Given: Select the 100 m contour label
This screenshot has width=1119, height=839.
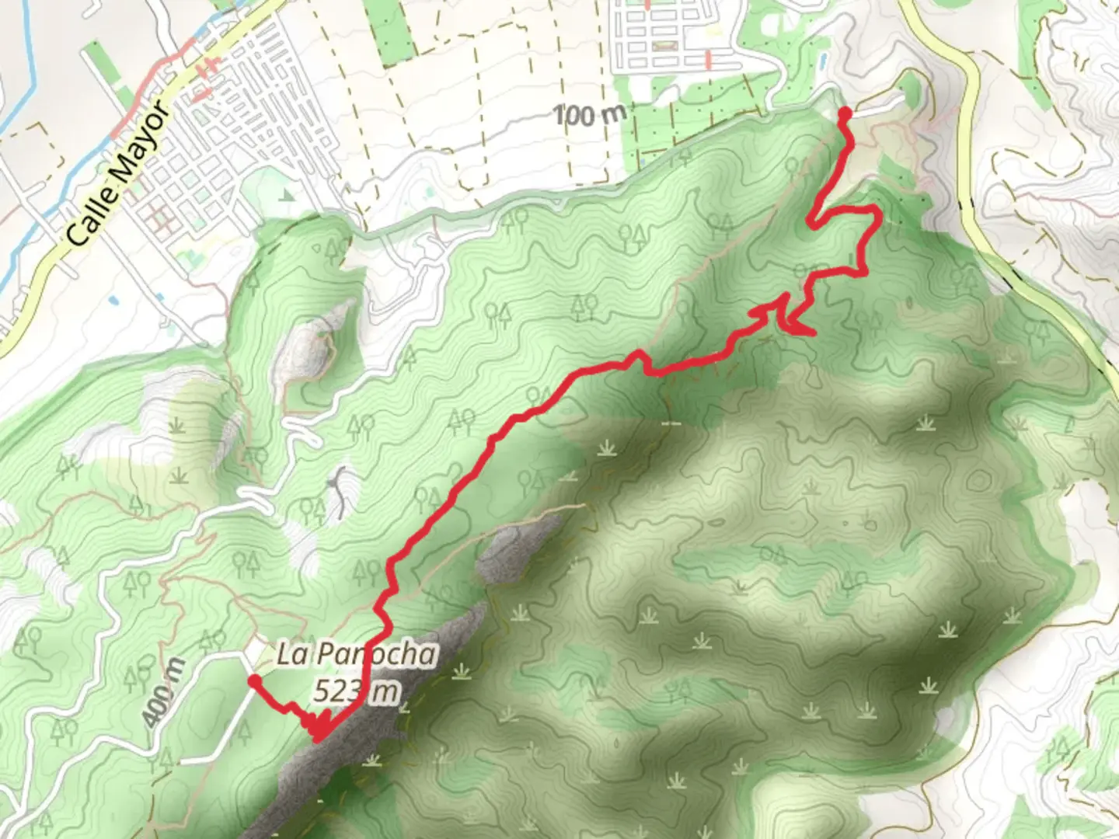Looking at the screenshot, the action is tap(590, 116).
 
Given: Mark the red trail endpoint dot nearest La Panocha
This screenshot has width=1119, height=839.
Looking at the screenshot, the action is tap(253, 681).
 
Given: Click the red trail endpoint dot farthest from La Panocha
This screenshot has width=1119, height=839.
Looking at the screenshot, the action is tap(844, 114).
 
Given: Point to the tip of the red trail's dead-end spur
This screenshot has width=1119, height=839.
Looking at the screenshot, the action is tap(813, 334).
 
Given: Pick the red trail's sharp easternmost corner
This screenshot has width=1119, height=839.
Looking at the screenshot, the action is tap(877, 211).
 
